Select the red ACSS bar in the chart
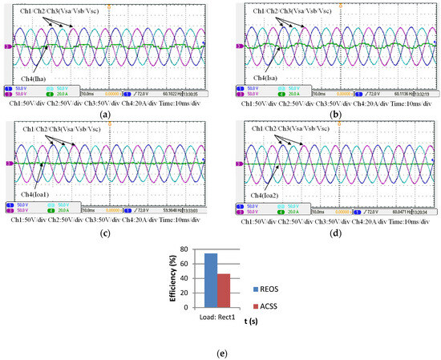pyautogui.click(x=225, y=291)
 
